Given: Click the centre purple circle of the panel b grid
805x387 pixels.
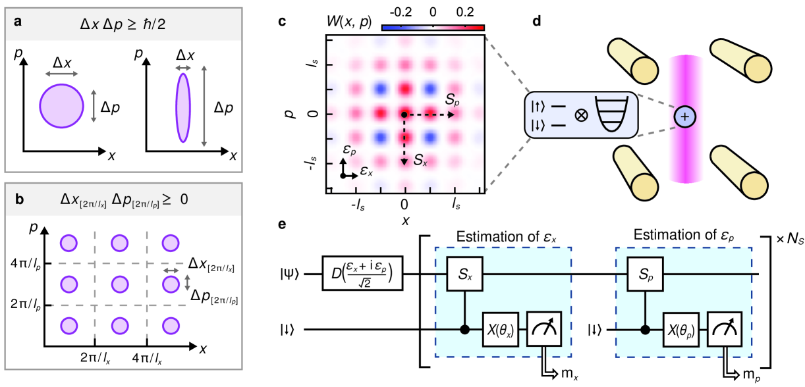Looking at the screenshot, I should (119, 285).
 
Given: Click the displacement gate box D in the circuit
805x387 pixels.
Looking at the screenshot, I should (362, 272).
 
